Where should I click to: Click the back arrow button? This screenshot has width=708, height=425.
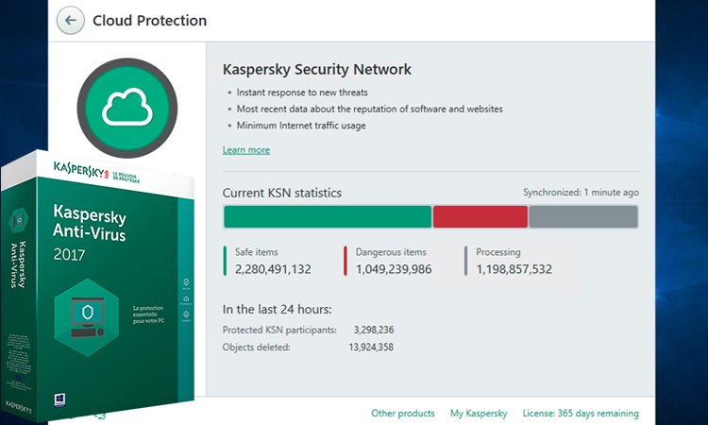point(71,20)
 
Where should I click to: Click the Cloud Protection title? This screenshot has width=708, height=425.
point(149,20)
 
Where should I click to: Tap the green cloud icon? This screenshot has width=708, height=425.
point(127,110)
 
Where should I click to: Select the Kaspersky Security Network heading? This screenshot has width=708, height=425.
point(316,70)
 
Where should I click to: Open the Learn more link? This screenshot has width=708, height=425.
point(245,150)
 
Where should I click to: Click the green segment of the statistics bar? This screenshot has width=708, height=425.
point(327,217)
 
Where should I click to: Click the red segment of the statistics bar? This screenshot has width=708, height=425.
point(480,217)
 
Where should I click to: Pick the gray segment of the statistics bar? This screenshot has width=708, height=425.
point(582,217)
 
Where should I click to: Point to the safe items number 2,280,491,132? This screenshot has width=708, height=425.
point(273,269)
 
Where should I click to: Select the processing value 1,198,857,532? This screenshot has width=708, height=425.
point(514,269)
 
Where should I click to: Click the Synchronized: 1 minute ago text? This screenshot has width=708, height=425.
point(581,193)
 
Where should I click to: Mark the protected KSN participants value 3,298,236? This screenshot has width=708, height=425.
point(373,330)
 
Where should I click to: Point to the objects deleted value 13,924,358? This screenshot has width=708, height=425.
point(371,348)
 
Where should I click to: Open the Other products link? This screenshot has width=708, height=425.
point(403,413)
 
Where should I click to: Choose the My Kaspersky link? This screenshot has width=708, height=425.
point(479,413)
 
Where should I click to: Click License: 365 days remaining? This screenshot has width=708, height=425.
point(582,413)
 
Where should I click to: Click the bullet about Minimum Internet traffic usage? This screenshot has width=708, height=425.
point(301,126)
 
